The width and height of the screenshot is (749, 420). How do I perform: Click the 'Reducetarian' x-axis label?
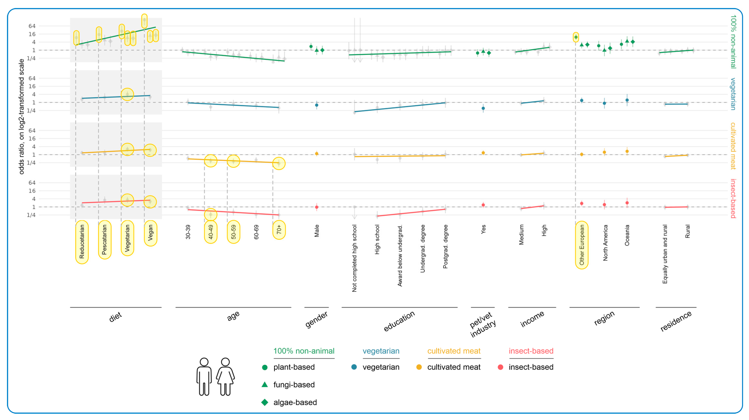click(82, 242)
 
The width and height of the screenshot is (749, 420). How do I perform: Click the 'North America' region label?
click(605, 243)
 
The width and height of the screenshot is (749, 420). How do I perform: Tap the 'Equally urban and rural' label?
click(665, 254)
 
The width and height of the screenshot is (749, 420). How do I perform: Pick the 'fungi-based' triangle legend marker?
click(265, 384)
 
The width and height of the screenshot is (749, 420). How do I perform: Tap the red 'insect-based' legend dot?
click(500, 367)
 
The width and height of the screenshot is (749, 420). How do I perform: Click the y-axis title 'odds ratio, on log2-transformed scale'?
click(21, 116)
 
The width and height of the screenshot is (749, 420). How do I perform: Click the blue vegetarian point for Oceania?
click(627, 100)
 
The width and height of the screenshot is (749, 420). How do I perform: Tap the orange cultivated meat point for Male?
click(317, 153)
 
